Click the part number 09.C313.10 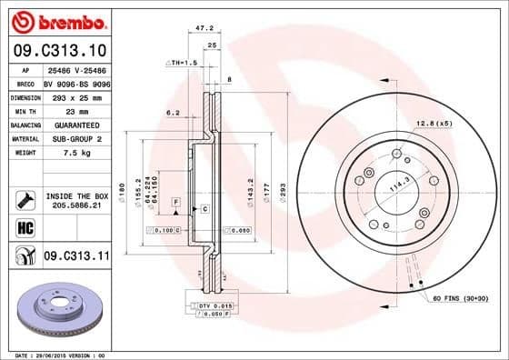[56, 49]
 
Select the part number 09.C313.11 [75, 257]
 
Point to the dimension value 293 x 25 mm [75, 96]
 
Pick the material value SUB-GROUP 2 [75, 138]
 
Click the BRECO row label [25, 83]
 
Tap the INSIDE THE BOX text [76, 195]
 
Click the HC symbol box [25, 226]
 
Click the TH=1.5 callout [182, 63]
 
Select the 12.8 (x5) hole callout [434, 123]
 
